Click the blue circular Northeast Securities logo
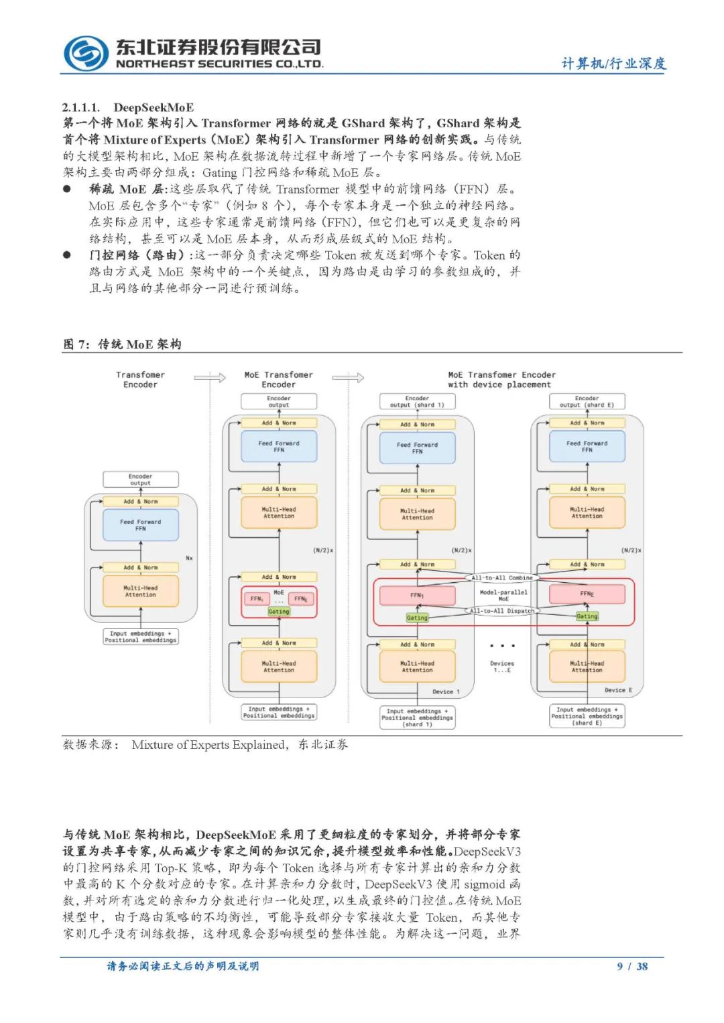coord(86,54)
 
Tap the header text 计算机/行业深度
coord(613,63)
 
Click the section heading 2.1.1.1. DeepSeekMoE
coord(128,107)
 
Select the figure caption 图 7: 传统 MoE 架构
coord(122,344)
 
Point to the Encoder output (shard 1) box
coord(417,401)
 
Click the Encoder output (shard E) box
coord(587,401)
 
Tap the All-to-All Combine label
coord(502,577)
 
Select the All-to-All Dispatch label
coord(502,611)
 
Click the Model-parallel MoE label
coord(503,595)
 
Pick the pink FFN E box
coord(587,594)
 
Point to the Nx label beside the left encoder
coord(189,558)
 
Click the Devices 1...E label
coord(502,667)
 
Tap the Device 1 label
coord(446,691)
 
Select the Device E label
coord(618,690)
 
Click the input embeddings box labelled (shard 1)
coord(417,718)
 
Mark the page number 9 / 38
coord(632,966)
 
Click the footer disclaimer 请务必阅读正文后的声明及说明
coord(183,966)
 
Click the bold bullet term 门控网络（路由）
coord(138,255)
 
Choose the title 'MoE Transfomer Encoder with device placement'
coord(501,380)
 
